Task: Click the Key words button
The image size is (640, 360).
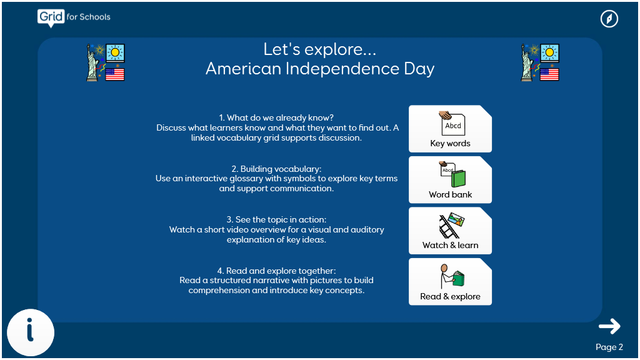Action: click(450, 129)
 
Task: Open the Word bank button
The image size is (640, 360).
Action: click(450, 179)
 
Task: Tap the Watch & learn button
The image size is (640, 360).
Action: click(450, 231)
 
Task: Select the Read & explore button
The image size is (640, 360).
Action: click(450, 282)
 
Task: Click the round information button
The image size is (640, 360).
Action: click(31, 332)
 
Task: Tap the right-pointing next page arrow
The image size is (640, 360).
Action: click(609, 326)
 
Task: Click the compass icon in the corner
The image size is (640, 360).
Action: click(609, 19)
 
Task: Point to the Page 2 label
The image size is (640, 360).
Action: click(609, 347)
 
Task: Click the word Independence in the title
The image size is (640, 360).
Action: click(342, 69)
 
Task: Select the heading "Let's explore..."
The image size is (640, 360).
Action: click(319, 49)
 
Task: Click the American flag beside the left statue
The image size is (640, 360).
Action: click(115, 74)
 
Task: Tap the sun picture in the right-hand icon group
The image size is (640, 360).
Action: click(550, 52)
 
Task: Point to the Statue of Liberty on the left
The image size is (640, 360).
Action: click(92, 62)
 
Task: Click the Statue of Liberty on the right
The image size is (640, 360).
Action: click(527, 62)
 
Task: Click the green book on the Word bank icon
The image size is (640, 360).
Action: click(458, 178)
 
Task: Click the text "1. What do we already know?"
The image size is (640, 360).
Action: click(276, 118)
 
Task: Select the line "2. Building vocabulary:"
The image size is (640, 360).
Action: click(276, 169)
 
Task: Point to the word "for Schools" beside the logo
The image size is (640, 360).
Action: click(89, 17)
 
